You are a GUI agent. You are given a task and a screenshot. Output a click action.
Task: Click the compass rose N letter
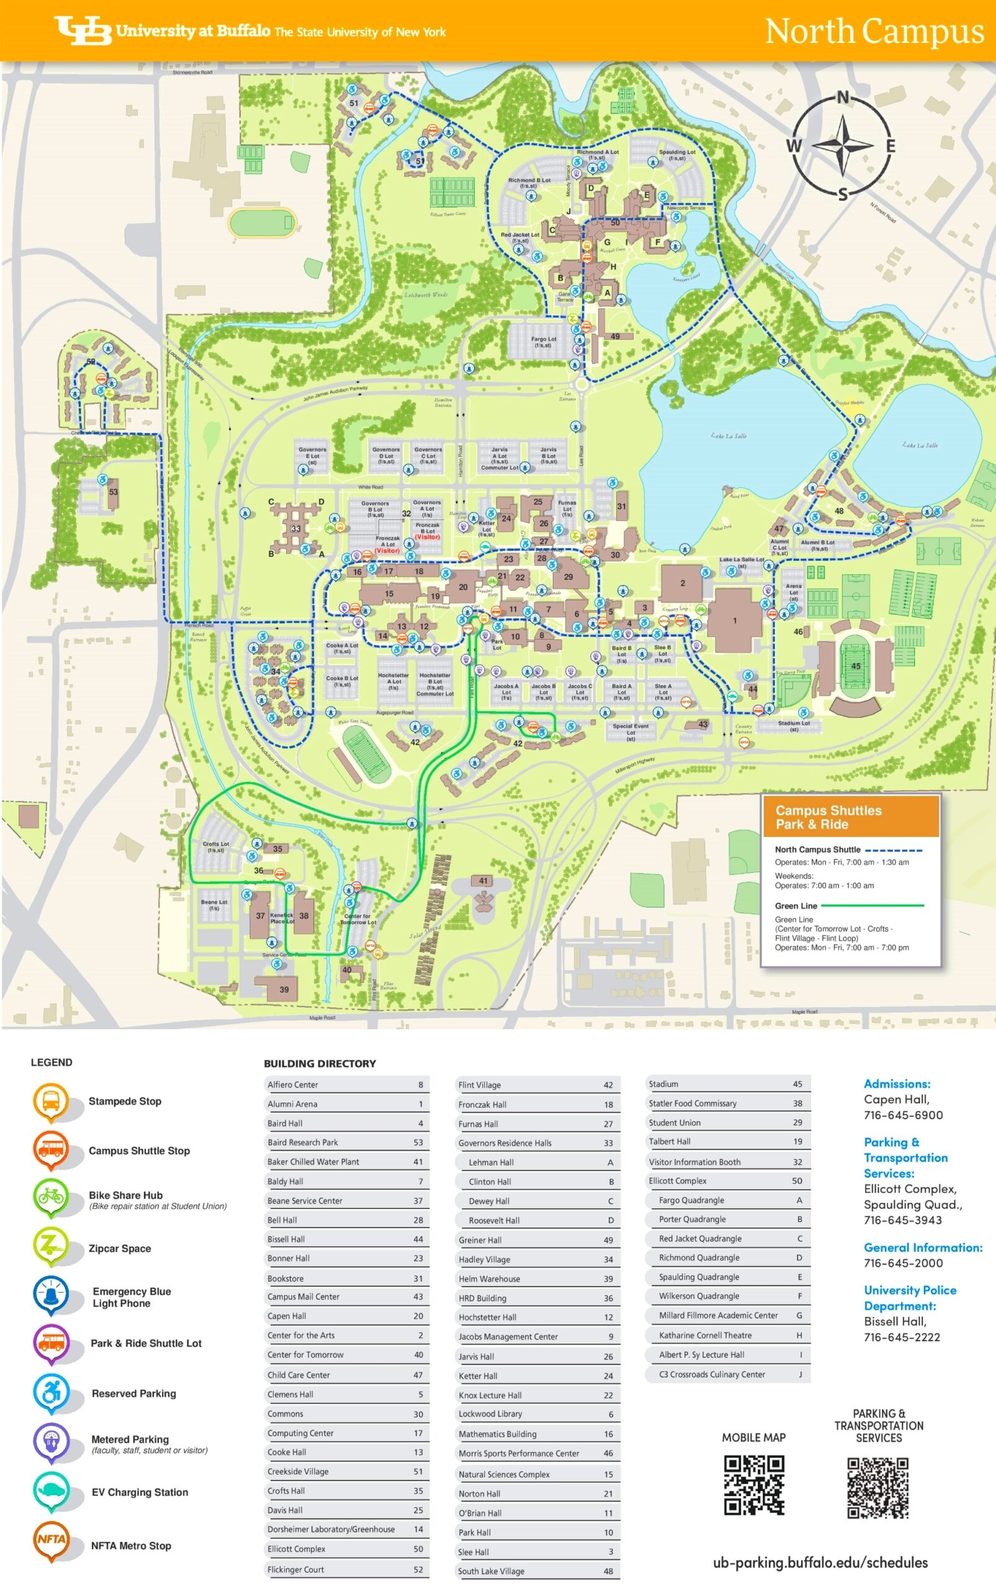pos(843,98)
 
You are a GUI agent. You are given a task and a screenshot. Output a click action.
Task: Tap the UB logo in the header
pos(83,30)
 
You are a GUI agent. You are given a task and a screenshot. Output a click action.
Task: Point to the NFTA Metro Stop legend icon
pos(51,1543)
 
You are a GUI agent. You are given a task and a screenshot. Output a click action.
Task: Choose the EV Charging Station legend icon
pos(51,1492)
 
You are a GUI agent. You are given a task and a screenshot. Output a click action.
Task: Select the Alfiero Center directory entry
pos(345,1084)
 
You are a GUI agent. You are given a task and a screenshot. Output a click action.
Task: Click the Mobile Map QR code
pos(753,1484)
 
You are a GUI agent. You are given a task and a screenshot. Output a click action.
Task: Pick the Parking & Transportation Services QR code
pos(877,1487)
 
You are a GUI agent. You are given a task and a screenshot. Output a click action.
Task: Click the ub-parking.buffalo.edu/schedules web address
pos(820,1563)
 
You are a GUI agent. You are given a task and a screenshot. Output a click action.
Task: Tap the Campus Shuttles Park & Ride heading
pos(828,817)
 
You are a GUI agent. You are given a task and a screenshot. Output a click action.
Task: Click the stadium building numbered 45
pos(856,666)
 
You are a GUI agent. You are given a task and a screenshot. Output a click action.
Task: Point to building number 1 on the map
pos(735,620)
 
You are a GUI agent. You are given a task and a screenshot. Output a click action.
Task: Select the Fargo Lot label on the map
pos(544,342)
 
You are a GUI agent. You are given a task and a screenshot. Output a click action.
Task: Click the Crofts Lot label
pos(215,847)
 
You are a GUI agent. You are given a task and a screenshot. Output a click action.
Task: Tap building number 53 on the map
pos(114,492)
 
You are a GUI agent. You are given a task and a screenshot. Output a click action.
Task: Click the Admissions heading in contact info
pos(897,1083)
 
